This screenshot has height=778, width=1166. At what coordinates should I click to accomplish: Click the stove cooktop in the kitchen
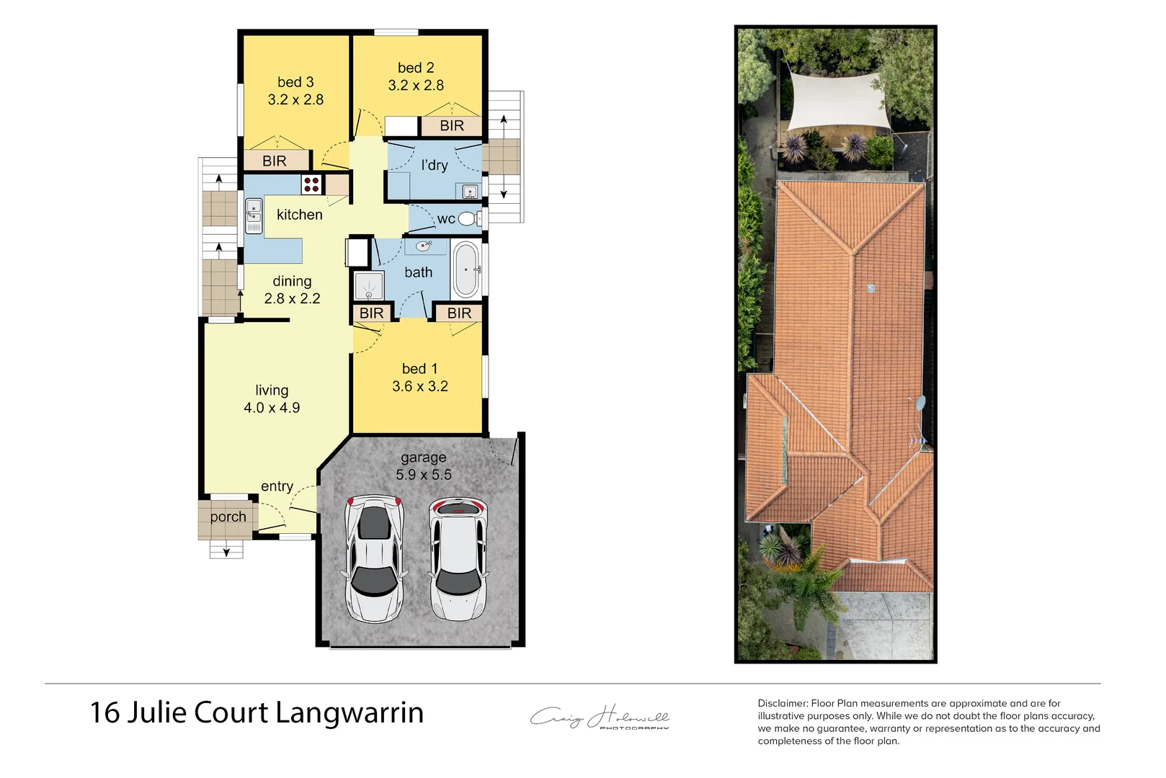[x=311, y=184]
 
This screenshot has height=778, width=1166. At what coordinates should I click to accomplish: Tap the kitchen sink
[x=254, y=215]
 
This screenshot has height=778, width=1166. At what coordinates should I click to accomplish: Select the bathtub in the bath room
[x=466, y=270]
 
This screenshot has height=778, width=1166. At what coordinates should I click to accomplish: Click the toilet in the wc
[x=468, y=218]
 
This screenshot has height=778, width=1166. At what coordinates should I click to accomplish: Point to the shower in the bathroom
[x=369, y=286]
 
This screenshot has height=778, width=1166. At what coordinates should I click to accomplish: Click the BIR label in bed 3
[x=275, y=161]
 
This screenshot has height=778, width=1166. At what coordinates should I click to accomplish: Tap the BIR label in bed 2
[x=452, y=126]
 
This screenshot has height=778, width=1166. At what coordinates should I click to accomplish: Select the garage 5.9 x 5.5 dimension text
[x=424, y=475]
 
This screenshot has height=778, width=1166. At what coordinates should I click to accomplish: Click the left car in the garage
[x=373, y=558]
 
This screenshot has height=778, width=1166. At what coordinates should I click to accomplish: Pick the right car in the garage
[x=458, y=558]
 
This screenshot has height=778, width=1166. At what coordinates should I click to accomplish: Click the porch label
[x=228, y=517]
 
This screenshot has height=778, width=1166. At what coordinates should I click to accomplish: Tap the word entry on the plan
[x=277, y=486]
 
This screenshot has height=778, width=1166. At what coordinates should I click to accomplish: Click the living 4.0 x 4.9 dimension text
[x=272, y=408]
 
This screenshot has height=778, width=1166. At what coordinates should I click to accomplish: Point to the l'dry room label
[x=435, y=165]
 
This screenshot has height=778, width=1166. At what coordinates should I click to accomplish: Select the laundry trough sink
[x=470, y=192]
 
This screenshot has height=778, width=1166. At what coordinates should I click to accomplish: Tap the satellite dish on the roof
[x=920, y=403]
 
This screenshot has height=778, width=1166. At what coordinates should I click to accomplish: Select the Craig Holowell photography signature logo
[x=600, y=717]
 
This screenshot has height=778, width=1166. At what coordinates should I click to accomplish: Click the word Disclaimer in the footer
[x=783, y=703]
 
